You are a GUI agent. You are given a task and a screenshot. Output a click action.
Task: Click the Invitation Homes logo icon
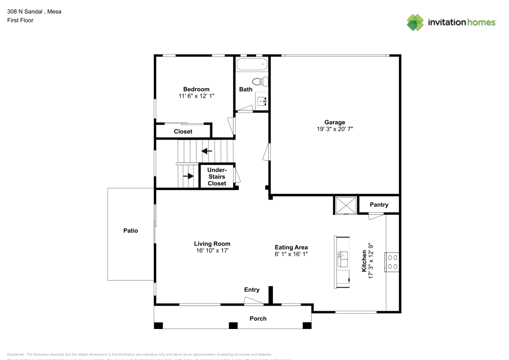pyautogui.click(x=415, y=22)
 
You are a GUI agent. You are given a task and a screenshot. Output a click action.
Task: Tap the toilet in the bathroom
pyautogui.click(x=260, y=81)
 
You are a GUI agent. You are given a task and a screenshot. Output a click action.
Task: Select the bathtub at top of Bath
pyautogui.click(x=251, y=65)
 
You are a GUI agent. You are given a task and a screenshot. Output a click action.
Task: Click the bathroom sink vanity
pyautogui.click(x=262, y=101)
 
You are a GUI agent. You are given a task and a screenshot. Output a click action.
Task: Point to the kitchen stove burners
pyautogui.click(x=392, y=262)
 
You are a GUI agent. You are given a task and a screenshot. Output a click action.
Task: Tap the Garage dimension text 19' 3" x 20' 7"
pyautogui.click(x=334, y=129)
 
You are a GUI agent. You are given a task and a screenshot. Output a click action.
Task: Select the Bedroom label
pyautogui.click(x=196, y=89)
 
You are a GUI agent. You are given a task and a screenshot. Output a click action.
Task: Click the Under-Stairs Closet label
pyautogui.click(x=216, y=176)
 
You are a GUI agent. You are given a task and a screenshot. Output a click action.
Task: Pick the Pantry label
pyautogui.click(x=379, y=205)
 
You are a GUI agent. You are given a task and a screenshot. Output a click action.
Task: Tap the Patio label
pyautogui.click(x=130, y=231)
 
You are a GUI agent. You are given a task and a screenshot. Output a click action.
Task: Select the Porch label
pyautogui.click(x=258, y=319)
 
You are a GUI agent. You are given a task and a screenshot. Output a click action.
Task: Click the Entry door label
pyautogui.click(x=251, y=290)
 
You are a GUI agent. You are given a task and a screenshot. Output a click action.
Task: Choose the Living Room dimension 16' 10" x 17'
pyautogui.click(x=212, y=251)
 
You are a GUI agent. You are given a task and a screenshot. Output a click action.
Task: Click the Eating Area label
pyautogui.click(x=291, y=247)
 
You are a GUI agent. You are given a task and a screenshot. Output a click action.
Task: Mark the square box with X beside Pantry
pyautogui.click(x=345, y=205)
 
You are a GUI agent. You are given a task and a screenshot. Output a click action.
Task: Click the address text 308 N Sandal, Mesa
pyautogui.click(x=34, y=11)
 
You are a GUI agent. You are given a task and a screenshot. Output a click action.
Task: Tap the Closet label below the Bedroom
pyautogui.click(x=183, y=131)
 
